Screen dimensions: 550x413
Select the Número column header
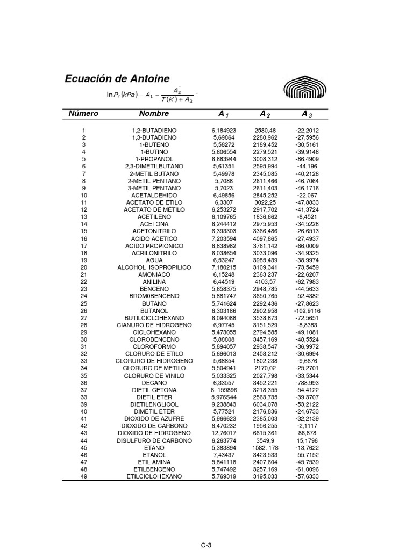pos(83,114)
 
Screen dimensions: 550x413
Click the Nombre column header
pos(154,114)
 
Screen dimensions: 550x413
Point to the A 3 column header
pos(307,114)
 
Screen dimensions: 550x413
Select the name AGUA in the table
pos(154,260)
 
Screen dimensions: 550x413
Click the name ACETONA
pos(154,224)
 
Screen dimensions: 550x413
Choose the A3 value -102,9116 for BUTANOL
pos(307,310)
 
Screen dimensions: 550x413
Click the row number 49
pos(83,476)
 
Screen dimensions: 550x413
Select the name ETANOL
pos(154,454)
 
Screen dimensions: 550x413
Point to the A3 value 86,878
pos(307,433)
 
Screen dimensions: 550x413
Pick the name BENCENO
pos(154,289)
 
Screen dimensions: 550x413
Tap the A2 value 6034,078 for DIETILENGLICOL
pos(265,404)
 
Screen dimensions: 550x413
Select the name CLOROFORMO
pos(154,346)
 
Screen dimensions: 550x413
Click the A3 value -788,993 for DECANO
pos(307,382)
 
